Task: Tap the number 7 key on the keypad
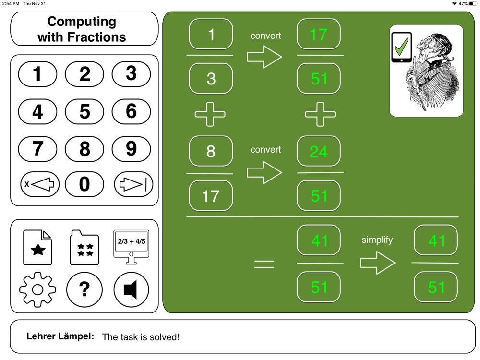pyautogui.click(x=37, y=149)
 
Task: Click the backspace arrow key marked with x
pyautogui.click(x=40, y=184)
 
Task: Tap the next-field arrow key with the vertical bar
pyautogui.click(x=133, y=184)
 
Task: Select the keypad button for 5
pyautogui.click(x=84, y=111)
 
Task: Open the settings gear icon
pyautogui.click(x=37, y=289)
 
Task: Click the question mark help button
pyautogui.click(x=84, y=289)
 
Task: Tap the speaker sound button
pyautogui.click(x=132, y=289)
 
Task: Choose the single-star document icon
pyautogui.click(x=37, y=247)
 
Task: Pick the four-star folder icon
pyautogui.click(x=84, y=247)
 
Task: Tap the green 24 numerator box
pyautogui.click(x=319, y=152)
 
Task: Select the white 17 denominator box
pyautogui.click(x=211, y=196)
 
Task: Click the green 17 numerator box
pyautogui.click(x=319, y=34)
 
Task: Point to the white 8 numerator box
pyautogui.click(x=211, y=152)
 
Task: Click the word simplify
pyautogui.click(x=377, y=240)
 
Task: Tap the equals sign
pyautogui.click(x=264, y=264)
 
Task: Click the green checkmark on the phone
pyautogui.click(x=401, y=47)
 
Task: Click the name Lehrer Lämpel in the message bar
pyautogui.click(x=60, y=336)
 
